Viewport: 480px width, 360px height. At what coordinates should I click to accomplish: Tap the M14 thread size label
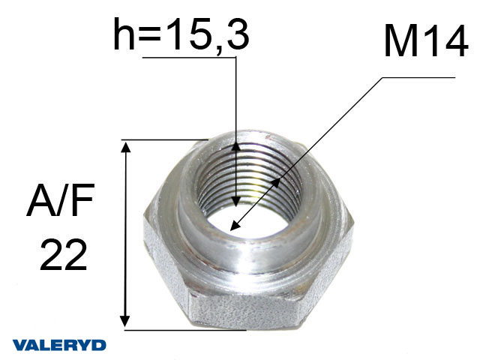pos(426,41)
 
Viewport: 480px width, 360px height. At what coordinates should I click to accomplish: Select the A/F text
pos(60,200)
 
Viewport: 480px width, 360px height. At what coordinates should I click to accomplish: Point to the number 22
pos(63,255)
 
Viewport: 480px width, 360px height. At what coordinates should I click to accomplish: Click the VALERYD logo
pos(59,345)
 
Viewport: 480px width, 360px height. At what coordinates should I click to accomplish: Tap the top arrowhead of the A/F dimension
pos(125,147)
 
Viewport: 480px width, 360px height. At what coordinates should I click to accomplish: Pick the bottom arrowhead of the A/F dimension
pos(124,321)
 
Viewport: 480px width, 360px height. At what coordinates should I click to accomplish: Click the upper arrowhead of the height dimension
pos(235,148)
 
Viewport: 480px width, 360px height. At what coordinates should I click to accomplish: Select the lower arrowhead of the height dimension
pos(235,201)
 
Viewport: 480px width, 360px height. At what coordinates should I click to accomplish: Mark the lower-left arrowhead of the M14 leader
pos(235,226)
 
